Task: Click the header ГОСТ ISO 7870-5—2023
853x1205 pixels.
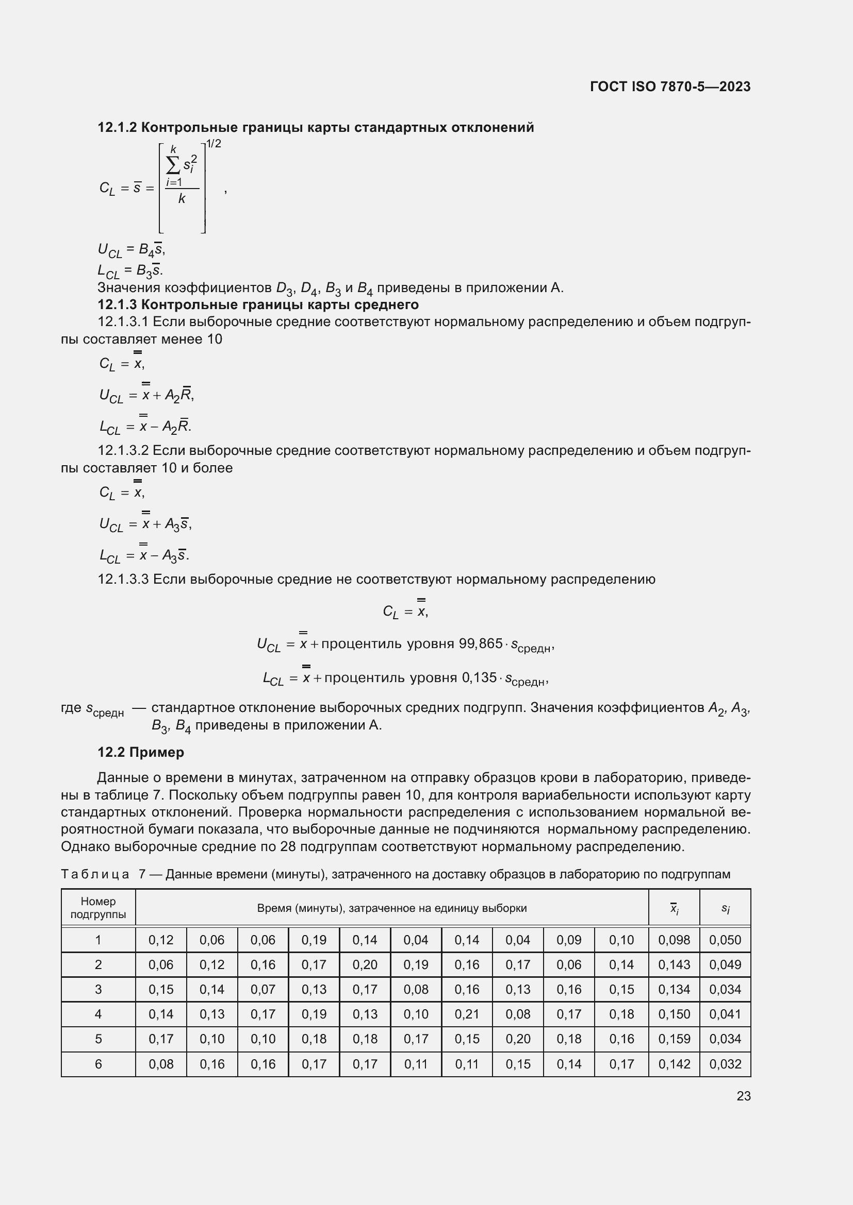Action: click(670, 87)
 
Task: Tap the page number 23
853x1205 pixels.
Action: click(743, 1096)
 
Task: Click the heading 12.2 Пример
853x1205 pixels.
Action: click(141, 752)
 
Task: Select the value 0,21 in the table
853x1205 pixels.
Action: click(466, 1014)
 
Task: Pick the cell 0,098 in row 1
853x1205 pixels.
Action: click(674, 940)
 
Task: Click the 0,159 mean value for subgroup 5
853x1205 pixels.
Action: click(674, 1039)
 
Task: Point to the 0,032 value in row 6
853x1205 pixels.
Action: click(725, 1064)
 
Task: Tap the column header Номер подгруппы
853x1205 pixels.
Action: click(98, 908)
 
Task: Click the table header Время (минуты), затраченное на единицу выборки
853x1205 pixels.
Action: click(391, 908)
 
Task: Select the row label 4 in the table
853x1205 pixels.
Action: click(98, 1014)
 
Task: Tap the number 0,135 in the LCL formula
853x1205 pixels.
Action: click(479, 677)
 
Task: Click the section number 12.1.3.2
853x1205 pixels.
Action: click(123, 451)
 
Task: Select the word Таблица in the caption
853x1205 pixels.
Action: click(94, 874)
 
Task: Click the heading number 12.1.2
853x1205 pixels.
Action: click(117, 128)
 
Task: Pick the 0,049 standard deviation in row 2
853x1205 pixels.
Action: click(725, 964)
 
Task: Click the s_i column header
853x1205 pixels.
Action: click(725, 908)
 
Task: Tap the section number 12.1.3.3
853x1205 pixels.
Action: click(123, 580)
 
